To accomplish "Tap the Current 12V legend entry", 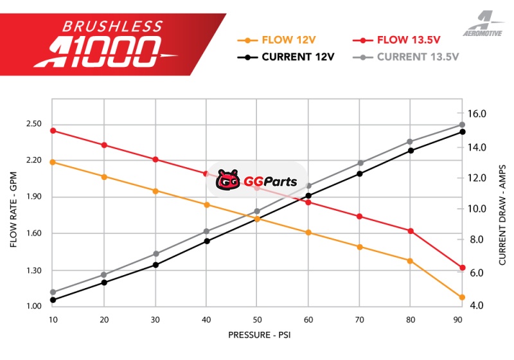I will (x=289, y=57).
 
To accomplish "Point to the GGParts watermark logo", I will (x=257, y=181).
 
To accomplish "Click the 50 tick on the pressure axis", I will (x=257, y=319).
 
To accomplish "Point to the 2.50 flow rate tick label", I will (x=33, y=124).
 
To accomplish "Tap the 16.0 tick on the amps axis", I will (x=477, y=114).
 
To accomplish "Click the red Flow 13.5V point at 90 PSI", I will (x=462, y=267).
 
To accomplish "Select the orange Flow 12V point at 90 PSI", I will (x=462, y=297).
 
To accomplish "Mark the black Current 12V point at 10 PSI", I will (x=53, y=300).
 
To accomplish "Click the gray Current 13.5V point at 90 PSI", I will (x=462, y=125).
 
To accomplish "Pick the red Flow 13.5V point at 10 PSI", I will (x=53, y=130).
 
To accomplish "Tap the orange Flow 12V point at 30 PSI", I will (x=155, y=191).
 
